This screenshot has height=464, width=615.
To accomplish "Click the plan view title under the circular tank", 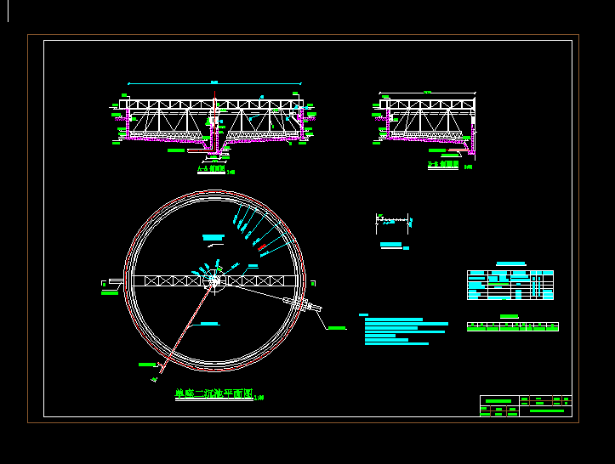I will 213,393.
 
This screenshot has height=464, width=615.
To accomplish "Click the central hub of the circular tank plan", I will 214,280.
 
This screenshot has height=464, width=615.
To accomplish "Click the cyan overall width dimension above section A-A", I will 214,83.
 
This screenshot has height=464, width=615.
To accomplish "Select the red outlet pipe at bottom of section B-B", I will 459,151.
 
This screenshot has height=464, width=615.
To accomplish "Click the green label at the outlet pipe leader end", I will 337,327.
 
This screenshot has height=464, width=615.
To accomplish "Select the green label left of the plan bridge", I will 110,293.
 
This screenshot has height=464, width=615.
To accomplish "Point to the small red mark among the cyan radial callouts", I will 262,249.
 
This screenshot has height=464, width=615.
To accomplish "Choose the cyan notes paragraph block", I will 403,331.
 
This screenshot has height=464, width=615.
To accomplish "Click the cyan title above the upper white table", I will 510,264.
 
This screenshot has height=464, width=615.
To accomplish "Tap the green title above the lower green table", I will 510,317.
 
